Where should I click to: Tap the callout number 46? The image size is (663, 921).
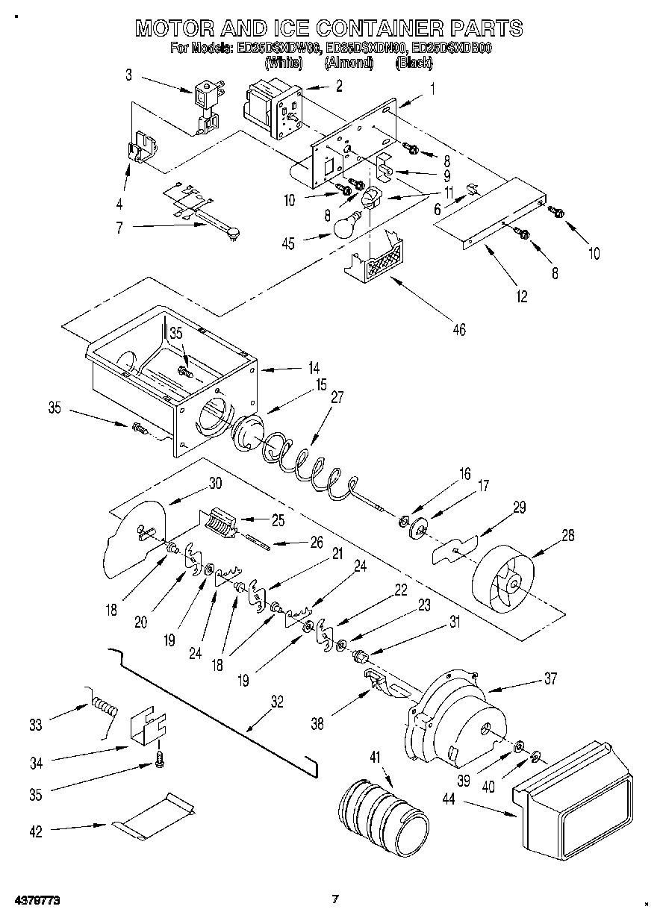pos(459,329)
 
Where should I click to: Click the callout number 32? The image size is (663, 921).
pos(277,701)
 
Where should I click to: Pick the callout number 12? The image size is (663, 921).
pos(521,297)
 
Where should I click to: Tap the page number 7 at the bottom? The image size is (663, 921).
pos(335,899)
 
